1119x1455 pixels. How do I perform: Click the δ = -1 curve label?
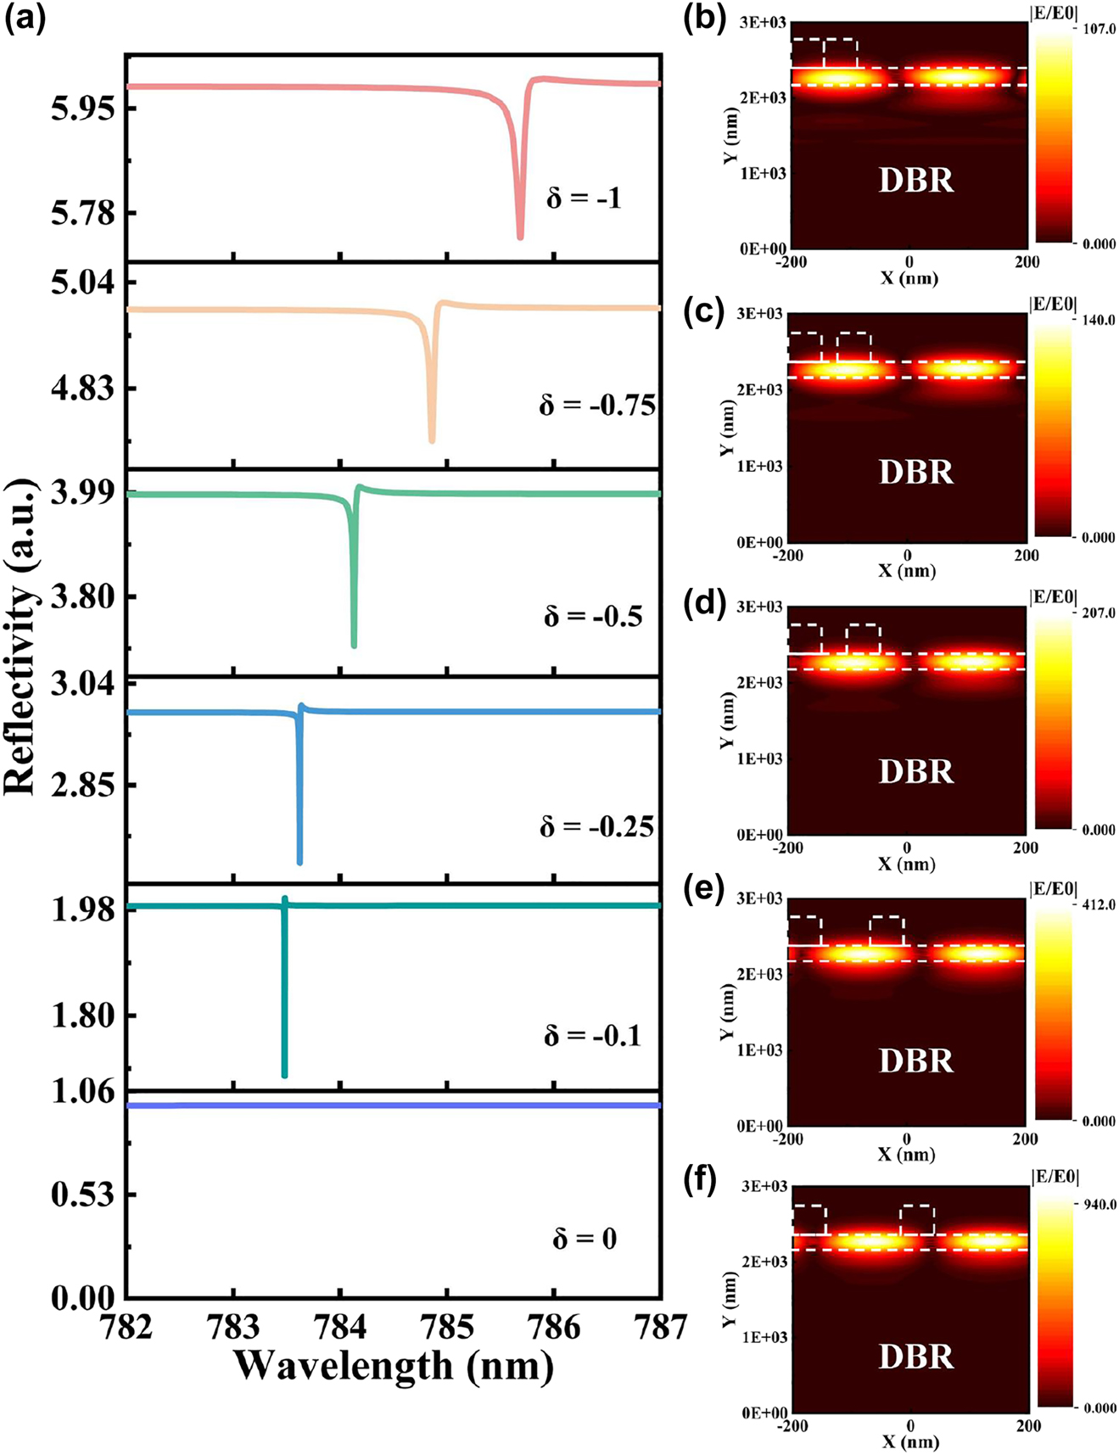pos(585,199)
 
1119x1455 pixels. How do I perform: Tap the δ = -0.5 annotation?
pos(593,616)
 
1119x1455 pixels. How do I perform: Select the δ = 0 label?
pos(585,1239)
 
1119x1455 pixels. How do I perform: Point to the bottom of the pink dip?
pos(520,237)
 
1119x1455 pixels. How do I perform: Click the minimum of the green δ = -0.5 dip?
pos(354,646)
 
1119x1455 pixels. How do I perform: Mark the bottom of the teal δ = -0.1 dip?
pos(284,1075)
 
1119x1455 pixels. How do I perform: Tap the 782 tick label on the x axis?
pos(126,1326)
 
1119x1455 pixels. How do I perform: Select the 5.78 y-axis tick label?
pos(83,213)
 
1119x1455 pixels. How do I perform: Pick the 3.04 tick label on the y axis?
pos(83,683)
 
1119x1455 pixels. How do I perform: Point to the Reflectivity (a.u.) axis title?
pos(20,636)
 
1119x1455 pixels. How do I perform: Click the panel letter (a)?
pos(25,19)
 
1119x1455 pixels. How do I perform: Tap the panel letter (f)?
pos(704,1180)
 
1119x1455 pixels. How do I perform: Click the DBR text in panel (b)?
pos(915,181)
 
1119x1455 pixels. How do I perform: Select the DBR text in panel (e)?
pos(915,1060)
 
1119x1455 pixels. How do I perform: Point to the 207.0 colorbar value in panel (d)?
pos(1099,613)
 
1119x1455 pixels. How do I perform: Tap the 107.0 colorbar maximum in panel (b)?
pos(1099,29)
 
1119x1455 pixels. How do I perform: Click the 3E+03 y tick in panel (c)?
pos(759,315)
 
